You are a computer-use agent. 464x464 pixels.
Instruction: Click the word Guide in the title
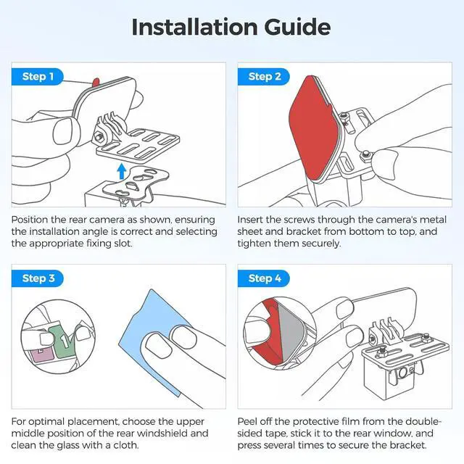tap(297, 28)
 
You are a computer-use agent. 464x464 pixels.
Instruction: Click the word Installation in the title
tap(194, 28)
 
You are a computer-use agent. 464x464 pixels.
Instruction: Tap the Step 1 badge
tap(38, 77)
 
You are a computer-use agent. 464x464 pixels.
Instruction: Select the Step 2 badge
tap(264, 77)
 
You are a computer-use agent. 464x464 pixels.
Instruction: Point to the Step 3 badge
tap(38, 278)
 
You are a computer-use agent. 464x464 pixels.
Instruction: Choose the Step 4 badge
tap(264, 278)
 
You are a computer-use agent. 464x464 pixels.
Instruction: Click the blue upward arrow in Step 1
tap(121, 171)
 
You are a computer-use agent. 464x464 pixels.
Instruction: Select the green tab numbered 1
tap(61, 341)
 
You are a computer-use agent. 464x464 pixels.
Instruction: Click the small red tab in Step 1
tap(96, 82)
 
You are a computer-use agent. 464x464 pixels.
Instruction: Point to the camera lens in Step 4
tap(402, 373)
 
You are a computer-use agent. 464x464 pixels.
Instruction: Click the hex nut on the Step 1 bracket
tap(98, 137)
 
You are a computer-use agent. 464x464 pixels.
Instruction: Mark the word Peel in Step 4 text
tap(247, 421)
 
